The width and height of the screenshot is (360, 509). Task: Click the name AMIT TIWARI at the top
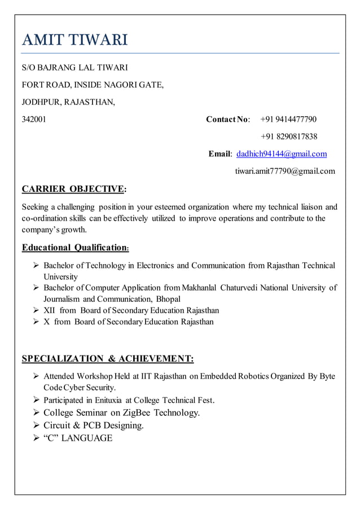[x=74, y=40]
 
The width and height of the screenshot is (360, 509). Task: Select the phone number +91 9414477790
[x=288, y=119]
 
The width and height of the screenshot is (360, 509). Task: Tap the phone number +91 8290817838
[x=288, y=137]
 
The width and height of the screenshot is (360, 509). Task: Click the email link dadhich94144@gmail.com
[x=282, y=154]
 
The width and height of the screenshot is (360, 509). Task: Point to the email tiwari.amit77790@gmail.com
[x=284, y=171]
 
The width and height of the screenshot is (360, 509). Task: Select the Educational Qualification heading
[x=76, y=248]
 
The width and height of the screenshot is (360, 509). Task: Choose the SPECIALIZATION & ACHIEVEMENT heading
[x=107, y=359]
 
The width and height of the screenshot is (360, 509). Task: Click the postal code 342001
[x=34, y=119]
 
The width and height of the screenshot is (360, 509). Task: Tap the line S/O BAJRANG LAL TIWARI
[x=74, y=68]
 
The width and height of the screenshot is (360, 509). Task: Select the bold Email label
[x=219, y=154]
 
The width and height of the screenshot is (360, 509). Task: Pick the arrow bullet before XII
[x=36, y=310]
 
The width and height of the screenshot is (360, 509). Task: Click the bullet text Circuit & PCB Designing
[x=94, y=425]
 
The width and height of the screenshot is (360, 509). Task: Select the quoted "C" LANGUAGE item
[x=78, y=438]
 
